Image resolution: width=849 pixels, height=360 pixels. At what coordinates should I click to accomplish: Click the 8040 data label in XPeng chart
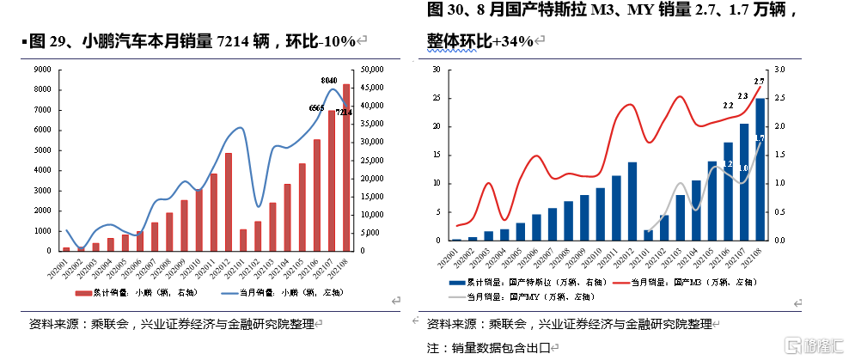coord(328,81)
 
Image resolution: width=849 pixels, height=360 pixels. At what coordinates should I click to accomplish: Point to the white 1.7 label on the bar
coord(760,137)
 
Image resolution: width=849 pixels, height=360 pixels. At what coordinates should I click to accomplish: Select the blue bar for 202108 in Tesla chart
coord(760,169)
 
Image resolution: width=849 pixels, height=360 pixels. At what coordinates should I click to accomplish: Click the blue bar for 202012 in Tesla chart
coord(632,201)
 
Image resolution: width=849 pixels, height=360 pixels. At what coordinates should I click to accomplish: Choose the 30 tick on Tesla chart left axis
coord(437,70)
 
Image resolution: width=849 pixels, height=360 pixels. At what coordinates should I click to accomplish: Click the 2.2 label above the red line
coord(728,106)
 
